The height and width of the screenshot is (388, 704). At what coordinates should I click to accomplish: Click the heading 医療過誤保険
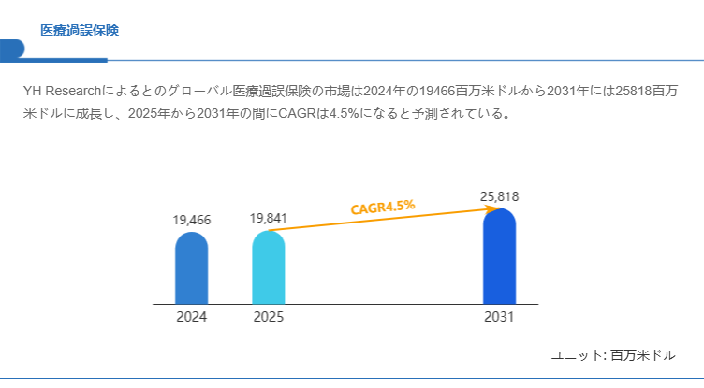80,31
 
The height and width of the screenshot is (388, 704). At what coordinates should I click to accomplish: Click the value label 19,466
192,221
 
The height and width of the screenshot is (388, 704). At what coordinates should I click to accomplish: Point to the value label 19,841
269,219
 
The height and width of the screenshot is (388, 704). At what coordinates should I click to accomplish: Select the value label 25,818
499,197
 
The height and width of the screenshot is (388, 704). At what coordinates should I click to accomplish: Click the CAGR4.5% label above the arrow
383,207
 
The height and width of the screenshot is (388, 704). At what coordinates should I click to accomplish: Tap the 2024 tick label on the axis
191,317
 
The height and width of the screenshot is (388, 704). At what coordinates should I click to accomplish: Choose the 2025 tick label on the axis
268,317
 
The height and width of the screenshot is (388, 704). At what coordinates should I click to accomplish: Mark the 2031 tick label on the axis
499,317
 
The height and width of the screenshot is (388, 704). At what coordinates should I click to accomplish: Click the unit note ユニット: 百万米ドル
613,355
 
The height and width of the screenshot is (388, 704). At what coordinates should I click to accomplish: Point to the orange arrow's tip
495,208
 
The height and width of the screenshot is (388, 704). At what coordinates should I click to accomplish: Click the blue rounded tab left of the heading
12,48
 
